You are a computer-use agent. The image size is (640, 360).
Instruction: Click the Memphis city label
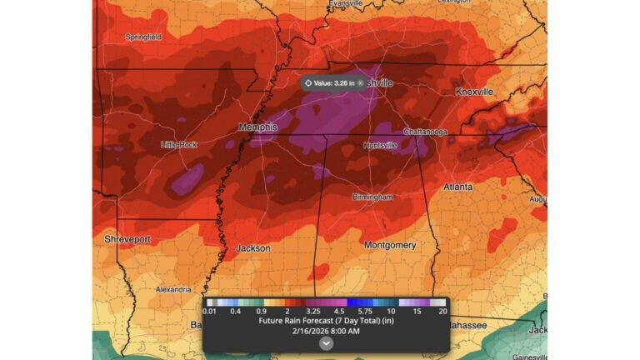coord(257,127)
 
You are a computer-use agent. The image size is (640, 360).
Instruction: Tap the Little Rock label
coord(178,144)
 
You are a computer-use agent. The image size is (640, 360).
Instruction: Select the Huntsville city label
coord(380,145)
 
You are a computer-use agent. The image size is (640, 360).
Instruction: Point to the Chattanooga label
coord(425,132)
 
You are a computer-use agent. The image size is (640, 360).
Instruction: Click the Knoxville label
coord(474,91)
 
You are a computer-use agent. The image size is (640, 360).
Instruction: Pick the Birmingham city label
coord(372,197)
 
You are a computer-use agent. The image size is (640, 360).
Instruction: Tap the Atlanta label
coord(458,187)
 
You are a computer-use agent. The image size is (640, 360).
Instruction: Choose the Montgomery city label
coord(389,245)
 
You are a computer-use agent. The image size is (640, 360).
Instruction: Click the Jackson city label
coord(252,248)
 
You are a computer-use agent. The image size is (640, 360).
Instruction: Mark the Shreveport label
coord(127,239)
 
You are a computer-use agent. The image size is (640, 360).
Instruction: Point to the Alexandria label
coord(173,289)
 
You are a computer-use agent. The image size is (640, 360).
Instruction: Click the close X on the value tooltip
coord(360,83)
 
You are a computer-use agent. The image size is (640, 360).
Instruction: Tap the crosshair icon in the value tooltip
coord(308,83)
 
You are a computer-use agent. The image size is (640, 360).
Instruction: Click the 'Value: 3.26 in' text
coord(334,83)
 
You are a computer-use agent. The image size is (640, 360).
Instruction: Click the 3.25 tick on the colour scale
coord(314,311)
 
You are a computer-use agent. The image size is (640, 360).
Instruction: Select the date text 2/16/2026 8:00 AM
coord(326,330)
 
